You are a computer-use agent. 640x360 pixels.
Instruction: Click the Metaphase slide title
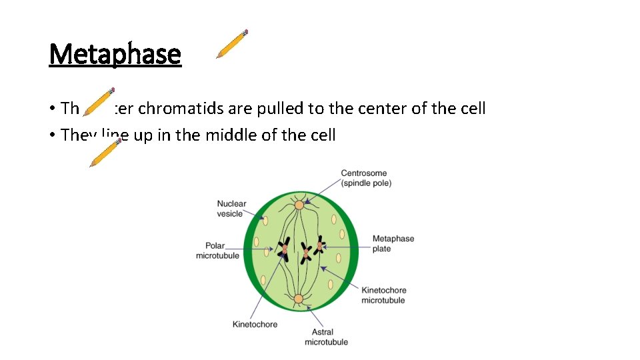pos(115,54)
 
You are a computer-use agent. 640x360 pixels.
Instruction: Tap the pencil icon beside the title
pos(232,44)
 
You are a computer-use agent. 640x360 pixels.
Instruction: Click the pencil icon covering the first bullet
pos(99,101)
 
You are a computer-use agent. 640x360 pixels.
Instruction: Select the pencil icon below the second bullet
pos(105,153)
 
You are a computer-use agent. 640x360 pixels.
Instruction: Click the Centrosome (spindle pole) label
pos(366,178)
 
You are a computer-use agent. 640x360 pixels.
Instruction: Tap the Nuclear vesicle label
pos(231,209)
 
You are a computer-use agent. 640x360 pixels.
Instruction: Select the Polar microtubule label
pos(217,251)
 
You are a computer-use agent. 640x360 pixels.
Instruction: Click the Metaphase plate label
pos(393,243)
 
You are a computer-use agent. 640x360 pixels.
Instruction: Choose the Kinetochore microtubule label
pos(383,295)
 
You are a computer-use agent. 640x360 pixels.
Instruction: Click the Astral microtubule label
pos(326,337)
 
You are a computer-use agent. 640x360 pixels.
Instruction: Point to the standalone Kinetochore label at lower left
pos(255,325)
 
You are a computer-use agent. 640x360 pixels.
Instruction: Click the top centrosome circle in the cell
pos(299,205)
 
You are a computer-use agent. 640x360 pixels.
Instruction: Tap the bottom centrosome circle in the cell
pos(299,299)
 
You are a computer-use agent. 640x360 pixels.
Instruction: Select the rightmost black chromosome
pos(320,246)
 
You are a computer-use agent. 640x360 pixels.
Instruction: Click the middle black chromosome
pos(305,253)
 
